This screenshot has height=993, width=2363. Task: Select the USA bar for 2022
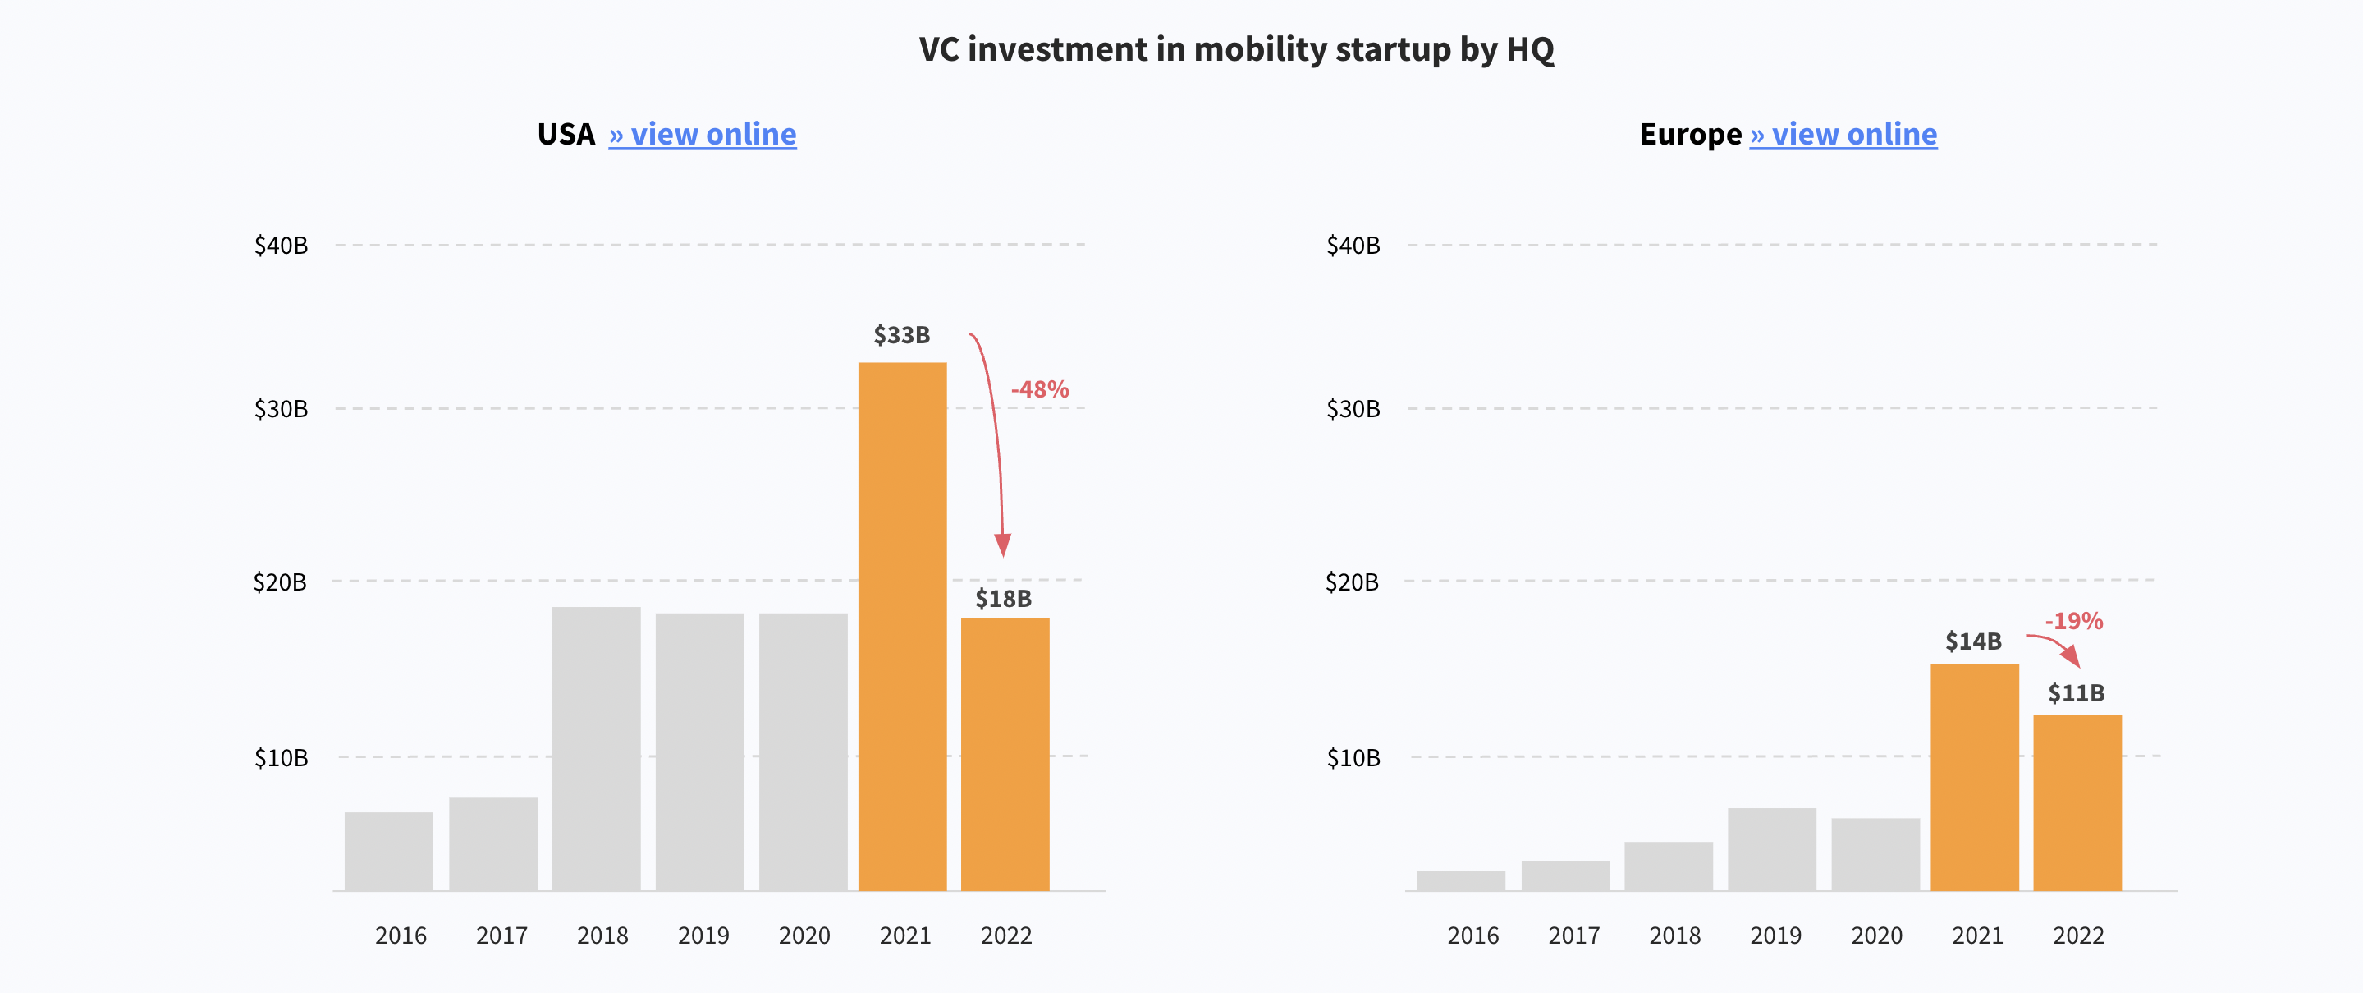pos(1005,753)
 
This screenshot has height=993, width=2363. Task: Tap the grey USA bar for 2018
pos(596,748)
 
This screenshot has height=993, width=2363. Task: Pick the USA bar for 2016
pos(389,851)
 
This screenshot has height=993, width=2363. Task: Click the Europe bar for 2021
pos(1974,776)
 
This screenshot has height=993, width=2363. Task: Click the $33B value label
pos(902,335)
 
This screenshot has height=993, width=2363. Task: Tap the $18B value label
pos(1003,599)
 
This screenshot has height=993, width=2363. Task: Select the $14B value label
pos(1973,641)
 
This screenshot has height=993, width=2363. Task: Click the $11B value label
pos(2076,692)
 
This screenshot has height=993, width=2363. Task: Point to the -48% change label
pos(1039,389)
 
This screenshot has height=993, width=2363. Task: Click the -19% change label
pos(2073,620)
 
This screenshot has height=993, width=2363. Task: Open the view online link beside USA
pos(703,134)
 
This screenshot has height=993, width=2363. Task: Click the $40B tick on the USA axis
pos(281,245)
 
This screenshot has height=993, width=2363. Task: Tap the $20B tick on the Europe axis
pos(1351,582)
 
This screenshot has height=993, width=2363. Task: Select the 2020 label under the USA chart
pos(804,936)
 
